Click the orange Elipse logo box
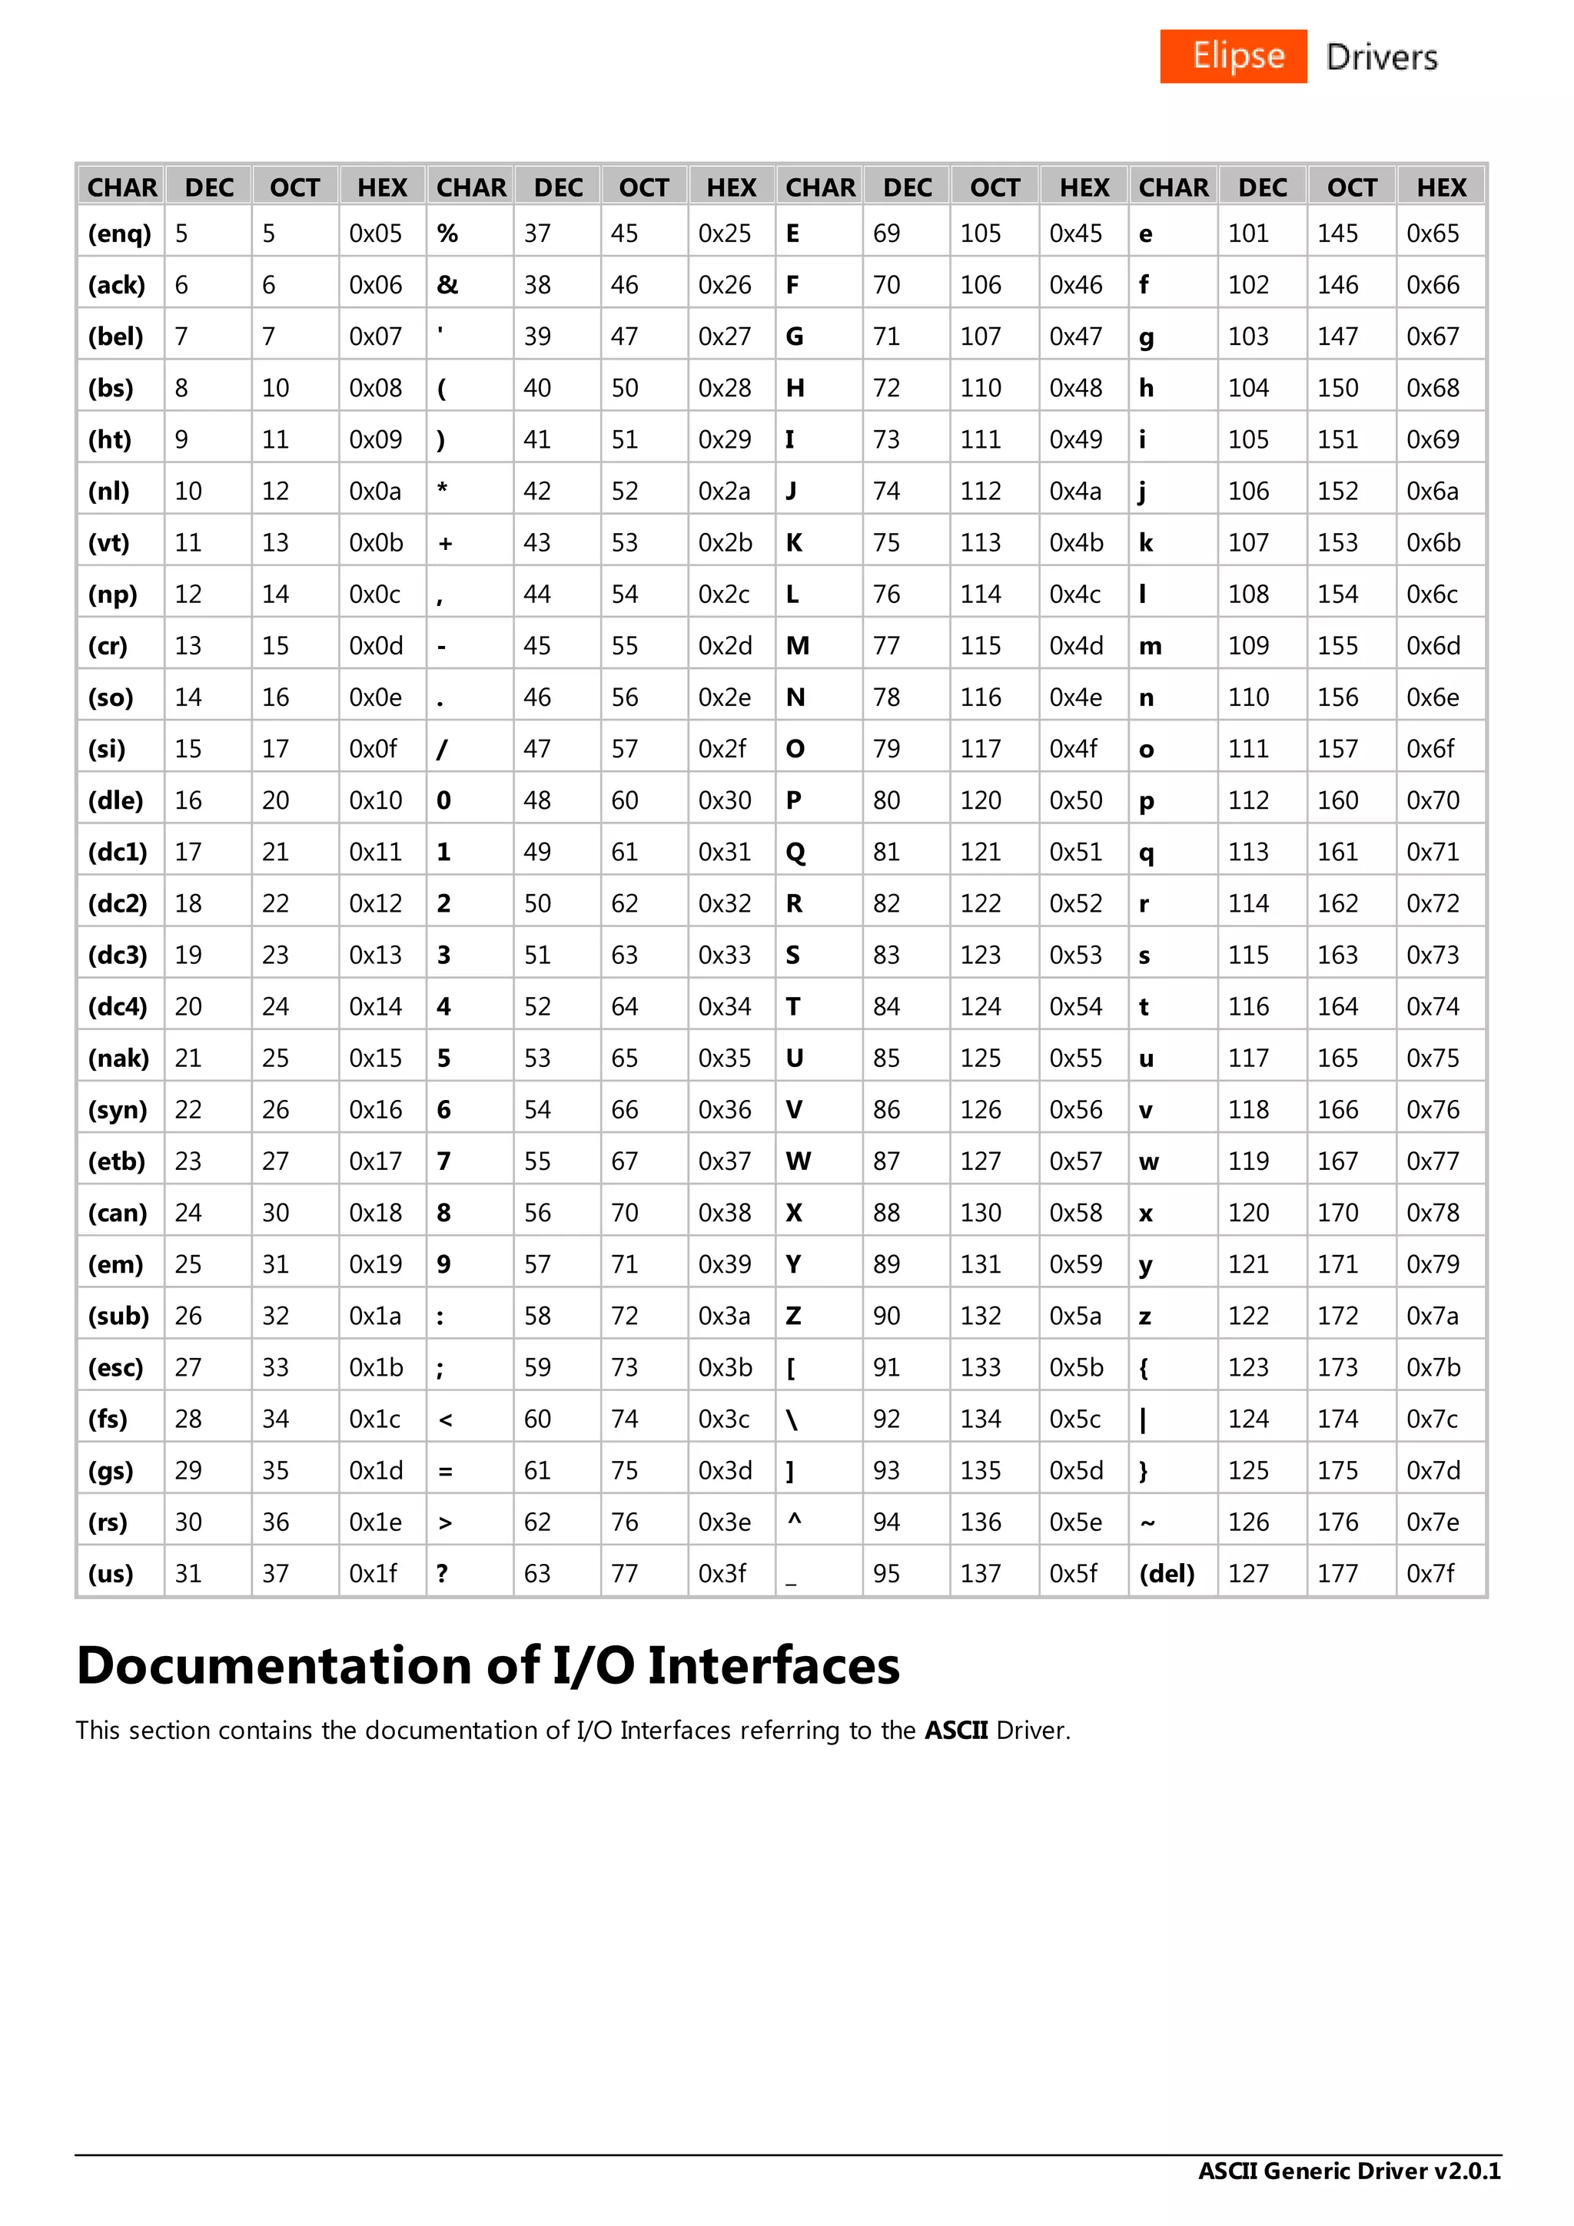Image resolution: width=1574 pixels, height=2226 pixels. pyautogui.click(x=1233, y=56)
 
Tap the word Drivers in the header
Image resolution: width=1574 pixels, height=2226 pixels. pyautogui.click(x=1381, y=57)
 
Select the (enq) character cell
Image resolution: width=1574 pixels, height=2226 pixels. pyautogui.click(x=120, y=234)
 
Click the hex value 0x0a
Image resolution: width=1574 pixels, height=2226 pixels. pyautogui.click(x=375, y=492)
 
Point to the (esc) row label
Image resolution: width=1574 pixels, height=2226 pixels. pyautogui.click(x=115, y=1368)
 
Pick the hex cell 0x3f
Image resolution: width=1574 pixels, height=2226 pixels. pyautogui.click(x=722, y=1574)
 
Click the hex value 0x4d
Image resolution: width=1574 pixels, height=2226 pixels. pyautogui.click(x=1075, y=646)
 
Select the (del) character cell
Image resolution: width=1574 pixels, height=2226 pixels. pyautogui.click(x=1167, y=1574)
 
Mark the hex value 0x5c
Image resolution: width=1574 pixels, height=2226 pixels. pyautogui.click(x=1075, y=1419)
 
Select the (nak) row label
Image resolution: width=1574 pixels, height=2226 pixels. pyautogui.click(x=118, y=1058)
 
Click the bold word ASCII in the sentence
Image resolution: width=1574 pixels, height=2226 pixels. pyautogui.click(x=955, y=1731)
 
